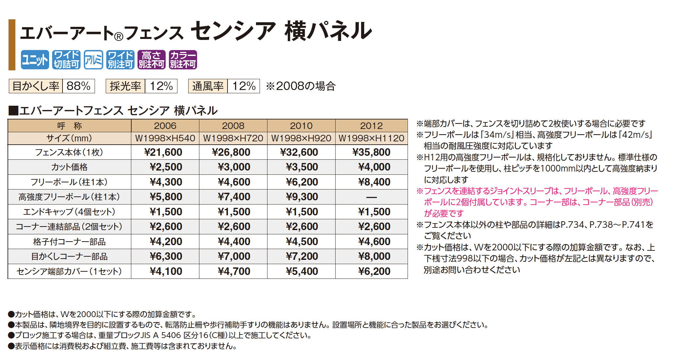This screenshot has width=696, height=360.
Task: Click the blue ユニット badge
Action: click(x=35, y=60)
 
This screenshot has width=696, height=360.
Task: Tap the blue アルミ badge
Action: click(x=93, y=60)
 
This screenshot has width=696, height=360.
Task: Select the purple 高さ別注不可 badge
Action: click(x=151, y=60)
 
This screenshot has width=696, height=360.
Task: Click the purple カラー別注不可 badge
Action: click(x=183, y=60)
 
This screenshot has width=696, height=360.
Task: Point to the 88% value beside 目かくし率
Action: click(x=79, y=86)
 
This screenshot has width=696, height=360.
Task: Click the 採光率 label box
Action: click(x=125, y=86)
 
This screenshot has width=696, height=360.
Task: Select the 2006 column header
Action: click(x=165, y=126)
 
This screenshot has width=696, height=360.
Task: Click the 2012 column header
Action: click(x=371, y=126)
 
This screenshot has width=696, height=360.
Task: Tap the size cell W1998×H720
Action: click(x=233, y=138)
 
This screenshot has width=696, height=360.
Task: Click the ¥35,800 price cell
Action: click(x=371, y=152)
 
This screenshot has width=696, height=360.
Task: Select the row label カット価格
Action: click(x=69, y=167)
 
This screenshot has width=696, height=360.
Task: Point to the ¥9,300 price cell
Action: click(x=302, y=197)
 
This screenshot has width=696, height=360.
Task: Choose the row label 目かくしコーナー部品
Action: click(x=69, y=257)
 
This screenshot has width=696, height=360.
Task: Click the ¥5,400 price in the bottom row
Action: click(x=302, y=271)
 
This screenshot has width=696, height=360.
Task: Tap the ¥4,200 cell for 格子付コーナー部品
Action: click(x=166, y=242)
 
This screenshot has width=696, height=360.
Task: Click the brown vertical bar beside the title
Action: click(x=12, y=45)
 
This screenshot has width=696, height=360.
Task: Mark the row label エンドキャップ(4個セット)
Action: click(x=69, y=212)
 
